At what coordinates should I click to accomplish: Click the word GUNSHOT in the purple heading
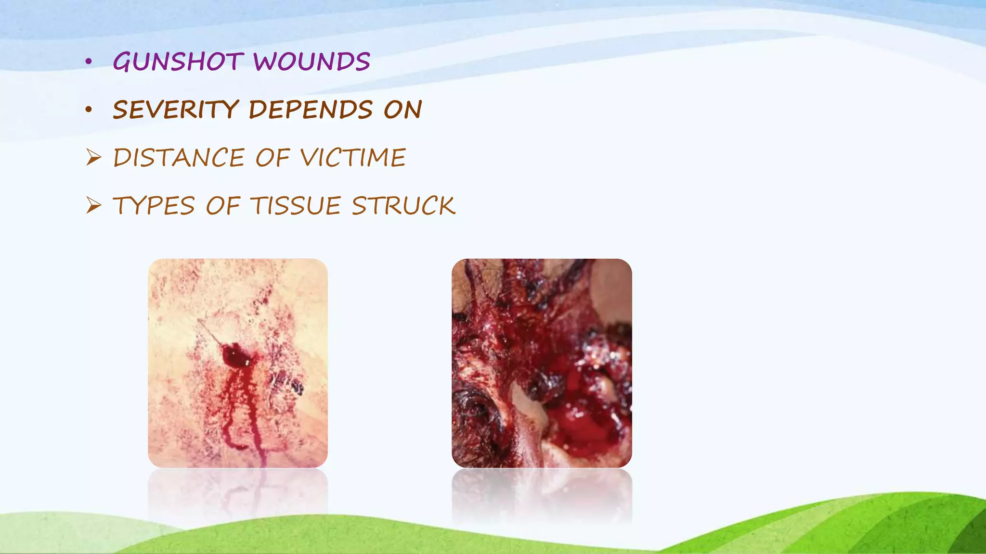coord(178,63)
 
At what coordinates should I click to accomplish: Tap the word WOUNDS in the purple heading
coord(311,63)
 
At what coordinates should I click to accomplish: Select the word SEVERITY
coord(176,110)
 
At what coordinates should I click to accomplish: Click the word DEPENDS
coord(311,110)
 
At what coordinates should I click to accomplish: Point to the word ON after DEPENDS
coord(402,110)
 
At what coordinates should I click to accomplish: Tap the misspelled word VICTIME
coord(353,158)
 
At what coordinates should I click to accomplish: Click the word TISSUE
coord(296,206)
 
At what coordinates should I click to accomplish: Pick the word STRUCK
coord(403,206)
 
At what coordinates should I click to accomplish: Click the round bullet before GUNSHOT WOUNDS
coord(88,62)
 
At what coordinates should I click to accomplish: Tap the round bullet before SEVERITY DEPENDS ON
coord(88,110)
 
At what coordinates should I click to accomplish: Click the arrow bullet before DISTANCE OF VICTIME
coord(93,157)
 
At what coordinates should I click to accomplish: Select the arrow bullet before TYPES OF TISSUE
coord(93,205)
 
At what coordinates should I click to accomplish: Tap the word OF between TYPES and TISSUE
coord(223,206)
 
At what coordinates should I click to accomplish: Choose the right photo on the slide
coord(542,363)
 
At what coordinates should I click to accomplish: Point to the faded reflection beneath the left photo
coord(237,493)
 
